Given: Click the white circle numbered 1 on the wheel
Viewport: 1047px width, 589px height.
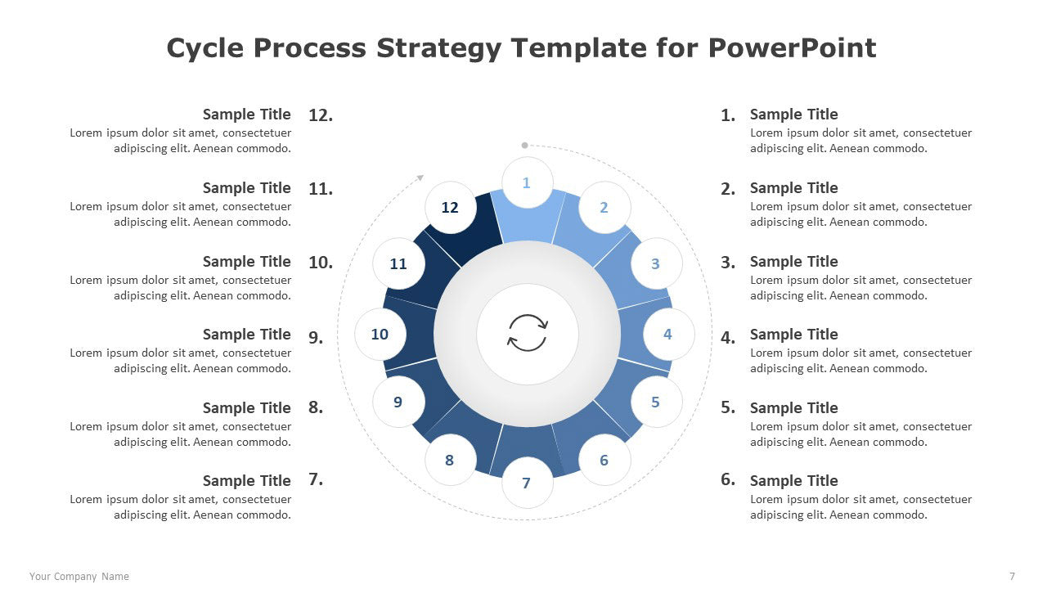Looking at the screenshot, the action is coord(528,182).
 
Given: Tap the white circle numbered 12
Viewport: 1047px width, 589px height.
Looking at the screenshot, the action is coord(451,207).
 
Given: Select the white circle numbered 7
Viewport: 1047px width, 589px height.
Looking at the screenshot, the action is coord(528,483).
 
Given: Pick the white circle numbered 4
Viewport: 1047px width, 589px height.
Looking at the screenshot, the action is coord(668,334).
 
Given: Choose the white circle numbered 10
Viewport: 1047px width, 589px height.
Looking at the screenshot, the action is coord(380,334).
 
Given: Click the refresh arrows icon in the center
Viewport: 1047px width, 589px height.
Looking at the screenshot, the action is coord(528,333).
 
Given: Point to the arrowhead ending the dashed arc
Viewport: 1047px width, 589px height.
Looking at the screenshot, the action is coord(420,178).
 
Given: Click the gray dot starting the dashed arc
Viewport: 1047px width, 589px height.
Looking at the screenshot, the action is coord(524,146).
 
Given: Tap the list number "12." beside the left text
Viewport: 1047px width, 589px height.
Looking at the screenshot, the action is coord(321,115).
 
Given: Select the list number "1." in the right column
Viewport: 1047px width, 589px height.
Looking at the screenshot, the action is coord(728,115).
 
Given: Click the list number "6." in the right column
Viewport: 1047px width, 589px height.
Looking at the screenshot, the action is coord(728,479).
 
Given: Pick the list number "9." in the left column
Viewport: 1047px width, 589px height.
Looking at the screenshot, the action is coord(316,336).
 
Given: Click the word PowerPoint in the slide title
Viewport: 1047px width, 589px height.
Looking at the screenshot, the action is coord(792,48).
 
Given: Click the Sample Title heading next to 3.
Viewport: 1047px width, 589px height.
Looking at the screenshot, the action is coord(793,261).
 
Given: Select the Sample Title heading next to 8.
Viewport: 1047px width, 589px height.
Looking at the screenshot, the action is coord(247,407).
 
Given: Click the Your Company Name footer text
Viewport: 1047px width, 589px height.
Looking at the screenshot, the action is coord(79,577).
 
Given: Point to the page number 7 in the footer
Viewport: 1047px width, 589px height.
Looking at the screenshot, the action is coord(1012,577).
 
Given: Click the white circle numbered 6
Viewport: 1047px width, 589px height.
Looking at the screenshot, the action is coord(604,460).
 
